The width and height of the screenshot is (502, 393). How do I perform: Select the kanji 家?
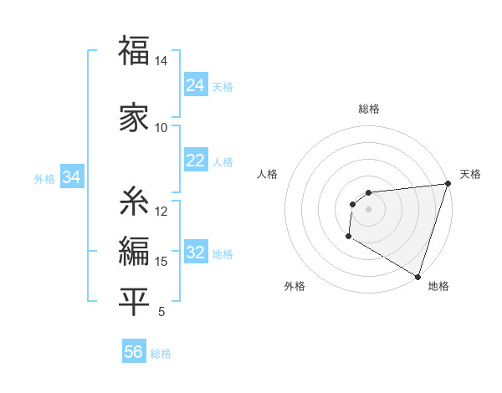[135, 116]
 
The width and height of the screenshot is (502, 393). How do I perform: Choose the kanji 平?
[135, 302]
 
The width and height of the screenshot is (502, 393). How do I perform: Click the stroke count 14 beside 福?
[161, 62]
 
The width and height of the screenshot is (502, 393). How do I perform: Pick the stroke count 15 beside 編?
[161, 262]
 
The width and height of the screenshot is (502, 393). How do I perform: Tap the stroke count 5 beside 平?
[161, 312]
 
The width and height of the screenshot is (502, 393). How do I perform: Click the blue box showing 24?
[196, 85]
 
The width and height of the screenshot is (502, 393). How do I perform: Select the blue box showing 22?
[196, 161]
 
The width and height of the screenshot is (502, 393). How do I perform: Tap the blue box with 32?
[196, 253]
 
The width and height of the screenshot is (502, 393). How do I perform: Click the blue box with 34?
[72, 177]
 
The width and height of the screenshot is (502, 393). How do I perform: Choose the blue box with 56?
[134, 353]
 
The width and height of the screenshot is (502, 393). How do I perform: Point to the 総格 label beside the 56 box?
[161, 354]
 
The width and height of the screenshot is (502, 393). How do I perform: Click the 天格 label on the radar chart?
[470, 174]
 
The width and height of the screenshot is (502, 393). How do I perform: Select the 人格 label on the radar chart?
[268, 174]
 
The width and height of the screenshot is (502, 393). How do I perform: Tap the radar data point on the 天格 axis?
[448, 184]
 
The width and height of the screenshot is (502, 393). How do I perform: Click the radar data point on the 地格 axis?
[417, 277]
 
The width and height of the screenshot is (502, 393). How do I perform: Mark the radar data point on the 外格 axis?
[348, 237]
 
